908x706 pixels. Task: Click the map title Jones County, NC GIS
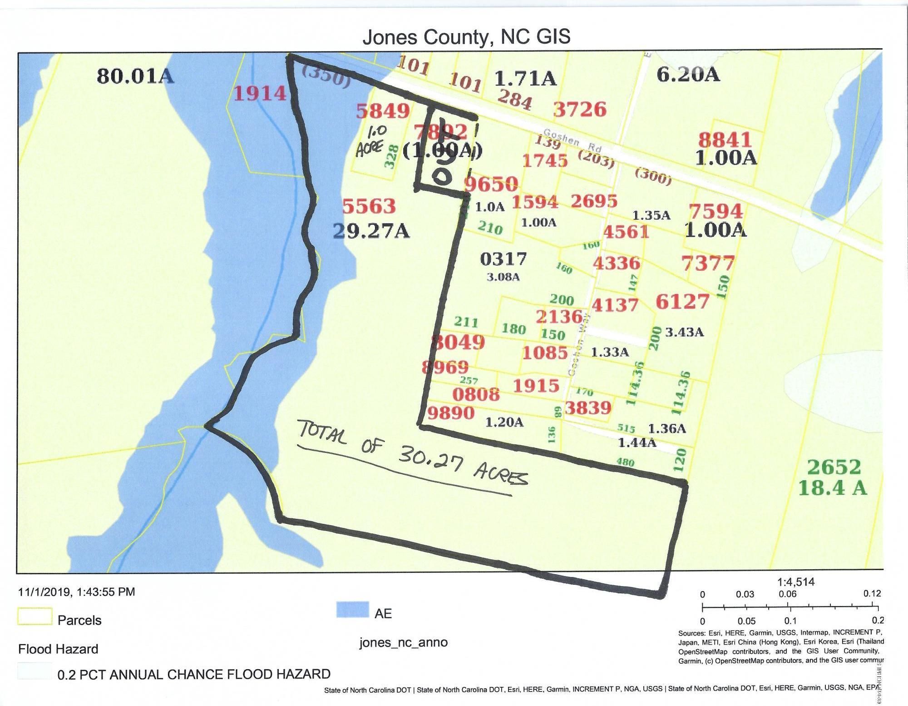point(466,37)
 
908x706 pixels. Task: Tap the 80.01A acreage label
point(135,76)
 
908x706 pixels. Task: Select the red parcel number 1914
point(260,94)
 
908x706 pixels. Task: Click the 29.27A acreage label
point(371,232)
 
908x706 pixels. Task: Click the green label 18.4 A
point(832,488)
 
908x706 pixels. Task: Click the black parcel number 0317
point(503,259)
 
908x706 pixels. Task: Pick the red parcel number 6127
point(682,302)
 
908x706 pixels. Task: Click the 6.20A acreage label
point(688,75)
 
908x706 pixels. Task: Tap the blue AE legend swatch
point(352,610)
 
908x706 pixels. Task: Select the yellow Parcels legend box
point(35,617)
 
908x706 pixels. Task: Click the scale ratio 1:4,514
point(795,582)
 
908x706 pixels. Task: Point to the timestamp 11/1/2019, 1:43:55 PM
point(76,592)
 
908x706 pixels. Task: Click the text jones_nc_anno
point(403,642)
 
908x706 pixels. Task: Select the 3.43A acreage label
point(684,332)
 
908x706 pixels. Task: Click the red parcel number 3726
point(580,109)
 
